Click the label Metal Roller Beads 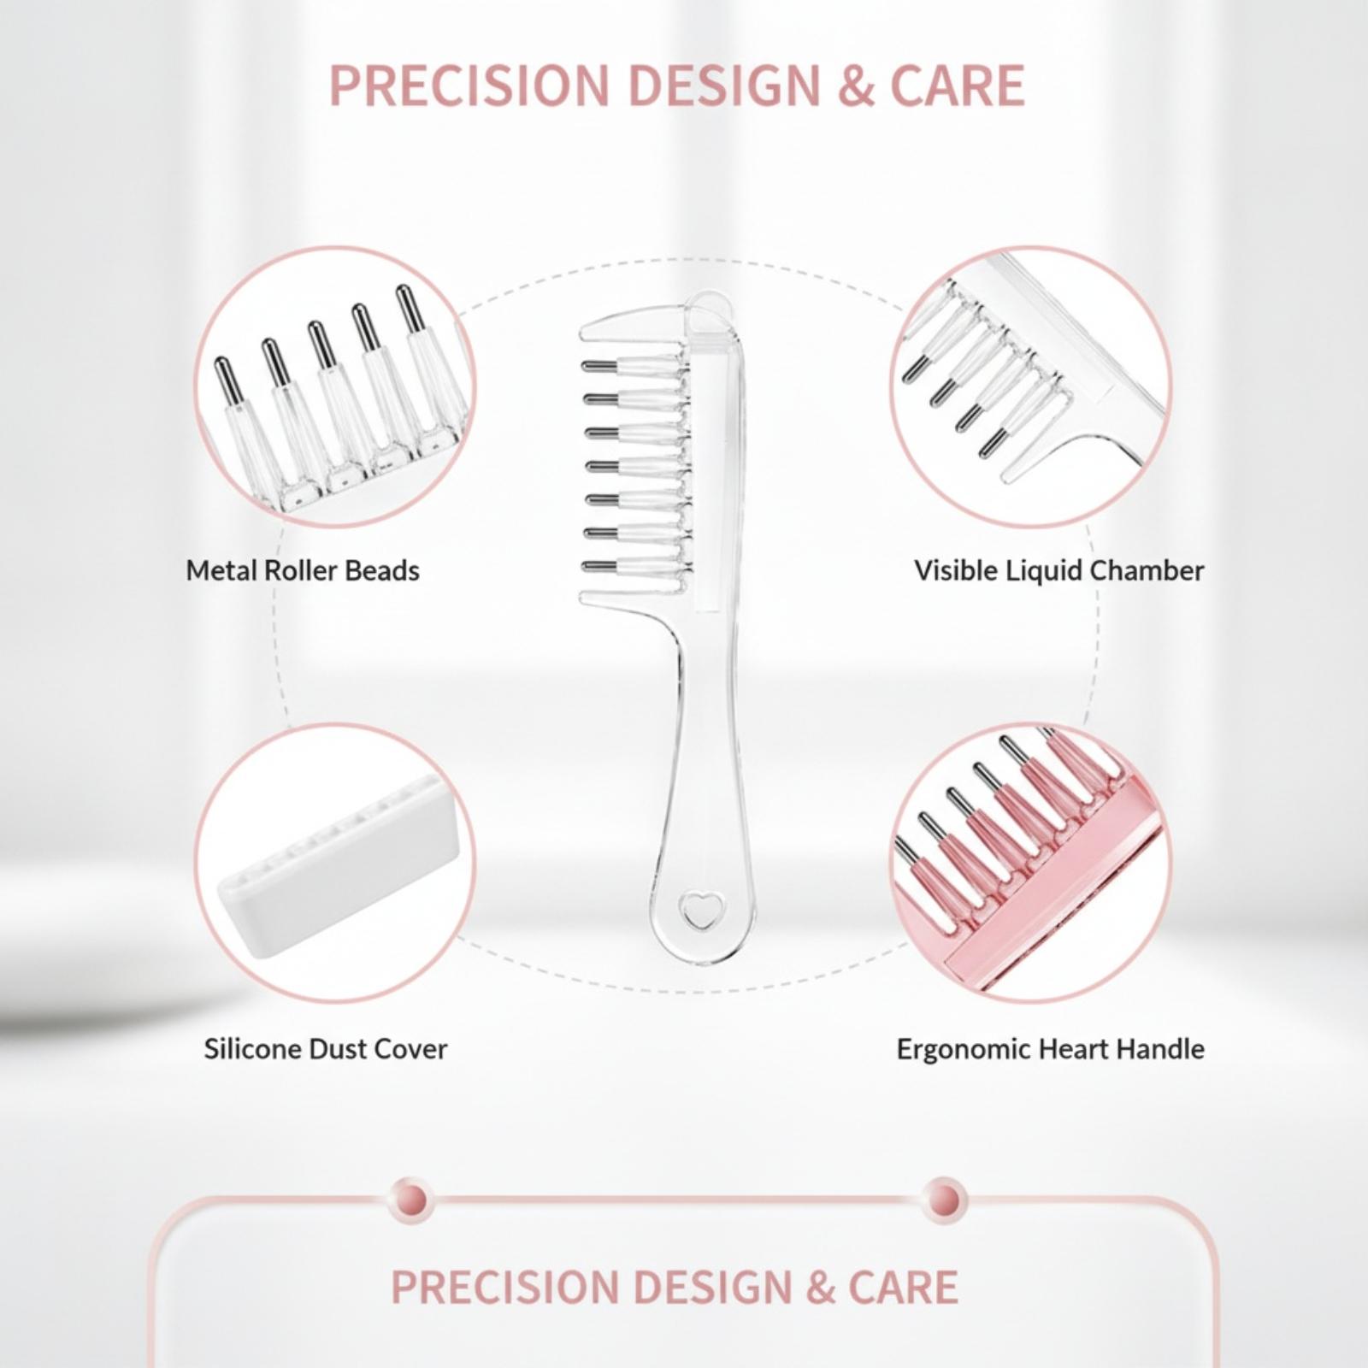tap(303, 570)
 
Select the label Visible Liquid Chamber tap(1058, 570)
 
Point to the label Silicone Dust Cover tap(325, 1049)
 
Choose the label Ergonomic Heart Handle tap(1050, 1049)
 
